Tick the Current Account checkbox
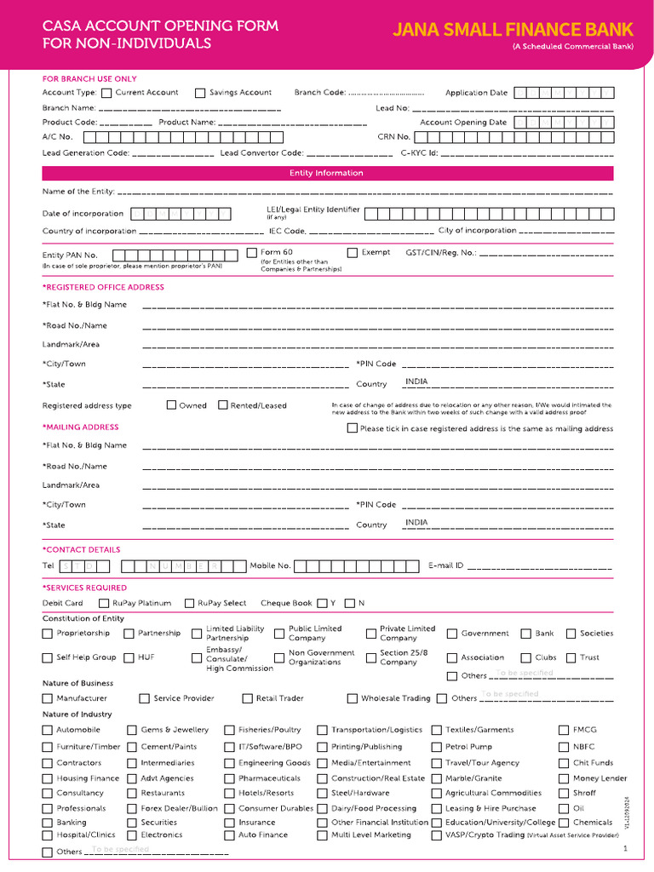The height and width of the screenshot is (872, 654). (x=106, y=93)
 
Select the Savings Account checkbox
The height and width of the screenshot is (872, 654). (x=200, y=93)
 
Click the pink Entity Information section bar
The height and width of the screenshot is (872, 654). (x=327, y=174)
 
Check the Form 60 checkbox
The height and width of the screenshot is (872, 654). (x=251, y=253)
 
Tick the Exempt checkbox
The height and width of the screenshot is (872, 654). (x=353, y=253)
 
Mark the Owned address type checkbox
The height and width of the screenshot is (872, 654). (x=171, y=405)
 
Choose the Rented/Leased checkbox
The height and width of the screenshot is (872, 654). (x=223, y=405)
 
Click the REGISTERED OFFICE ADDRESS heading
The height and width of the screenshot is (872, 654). (x=103, y=288)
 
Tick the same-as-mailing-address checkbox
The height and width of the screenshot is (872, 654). (x=353, y=428)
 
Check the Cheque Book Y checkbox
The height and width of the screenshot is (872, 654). (x=322, y=604)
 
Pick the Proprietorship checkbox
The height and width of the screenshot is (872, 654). (x=48, y=634)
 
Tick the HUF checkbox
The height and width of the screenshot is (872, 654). (x=129, y=657)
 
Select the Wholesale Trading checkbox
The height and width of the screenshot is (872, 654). (x=353, y=699)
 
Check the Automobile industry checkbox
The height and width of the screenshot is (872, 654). (x=48, y=731)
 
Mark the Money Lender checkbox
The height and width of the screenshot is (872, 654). (x=565, y=778)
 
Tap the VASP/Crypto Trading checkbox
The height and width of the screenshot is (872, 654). (x=437, y=835)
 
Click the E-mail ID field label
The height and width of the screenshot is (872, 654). (x=445, y=565)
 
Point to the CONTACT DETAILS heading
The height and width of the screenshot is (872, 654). (x=82, y=550)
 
